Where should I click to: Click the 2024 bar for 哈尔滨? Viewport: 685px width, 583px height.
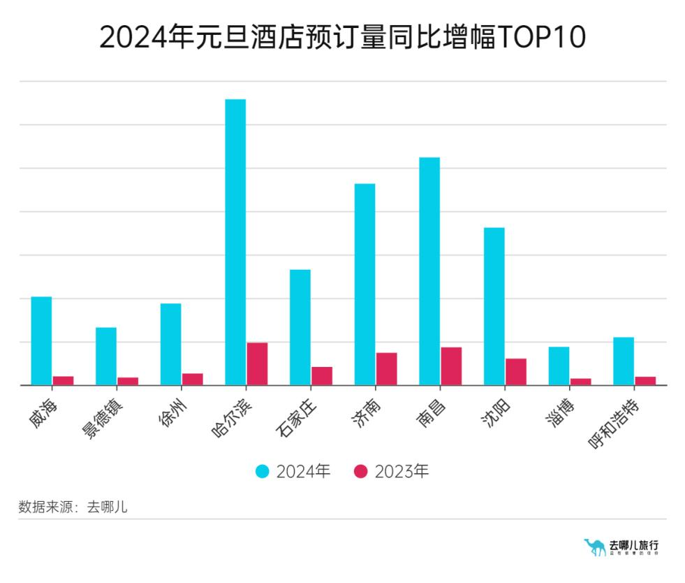tap(235, 242)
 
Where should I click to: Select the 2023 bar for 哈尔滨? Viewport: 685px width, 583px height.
tap(257, 364)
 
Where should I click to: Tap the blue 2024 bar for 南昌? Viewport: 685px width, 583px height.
tap(429, 271)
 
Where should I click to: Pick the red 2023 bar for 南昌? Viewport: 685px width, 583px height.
tap(451, 366)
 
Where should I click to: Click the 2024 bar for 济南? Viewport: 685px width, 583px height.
tap(364, 284)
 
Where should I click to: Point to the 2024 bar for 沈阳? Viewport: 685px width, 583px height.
tap(494, 306)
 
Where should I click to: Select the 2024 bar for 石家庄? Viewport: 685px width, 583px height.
tap(300, 327)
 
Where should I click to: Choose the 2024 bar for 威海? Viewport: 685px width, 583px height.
tap(42, 340)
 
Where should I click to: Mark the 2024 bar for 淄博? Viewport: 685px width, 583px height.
tap(559, 366)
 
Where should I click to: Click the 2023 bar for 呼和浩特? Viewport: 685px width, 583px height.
tap(645, 381)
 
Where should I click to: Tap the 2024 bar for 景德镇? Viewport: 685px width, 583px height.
tap(106, 356)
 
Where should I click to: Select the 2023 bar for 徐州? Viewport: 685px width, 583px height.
tap(193, 379)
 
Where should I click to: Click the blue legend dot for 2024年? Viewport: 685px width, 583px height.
tap(262, 472)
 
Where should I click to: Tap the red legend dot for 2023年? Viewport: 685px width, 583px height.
tap(361, 472)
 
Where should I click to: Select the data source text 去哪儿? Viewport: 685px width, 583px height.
tap(107, 508)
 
